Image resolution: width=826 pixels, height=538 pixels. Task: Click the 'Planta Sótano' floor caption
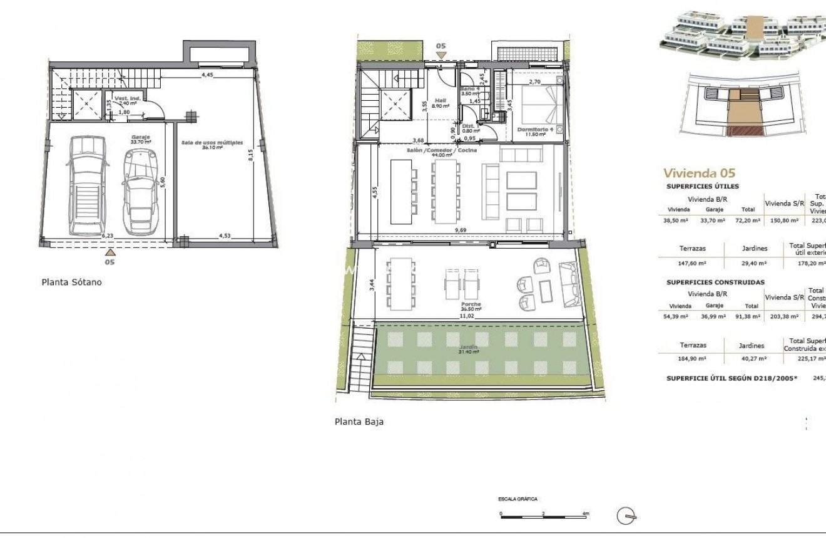click(x=71, y=282)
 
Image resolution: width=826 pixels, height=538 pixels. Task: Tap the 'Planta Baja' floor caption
click(x=359, y=422)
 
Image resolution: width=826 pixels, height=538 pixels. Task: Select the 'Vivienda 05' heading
click(x=699, y=173)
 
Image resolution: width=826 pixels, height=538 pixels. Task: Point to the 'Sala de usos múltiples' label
click(x=212, y=143)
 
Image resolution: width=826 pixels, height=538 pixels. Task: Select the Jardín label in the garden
click(x=469, y=348)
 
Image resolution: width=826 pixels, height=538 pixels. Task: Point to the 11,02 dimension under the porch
click(x=466, y=317)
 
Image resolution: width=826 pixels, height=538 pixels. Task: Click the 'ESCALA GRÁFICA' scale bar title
click(x=518, y=499)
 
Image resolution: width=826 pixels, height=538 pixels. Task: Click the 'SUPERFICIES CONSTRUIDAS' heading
click(x=715, y=282)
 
